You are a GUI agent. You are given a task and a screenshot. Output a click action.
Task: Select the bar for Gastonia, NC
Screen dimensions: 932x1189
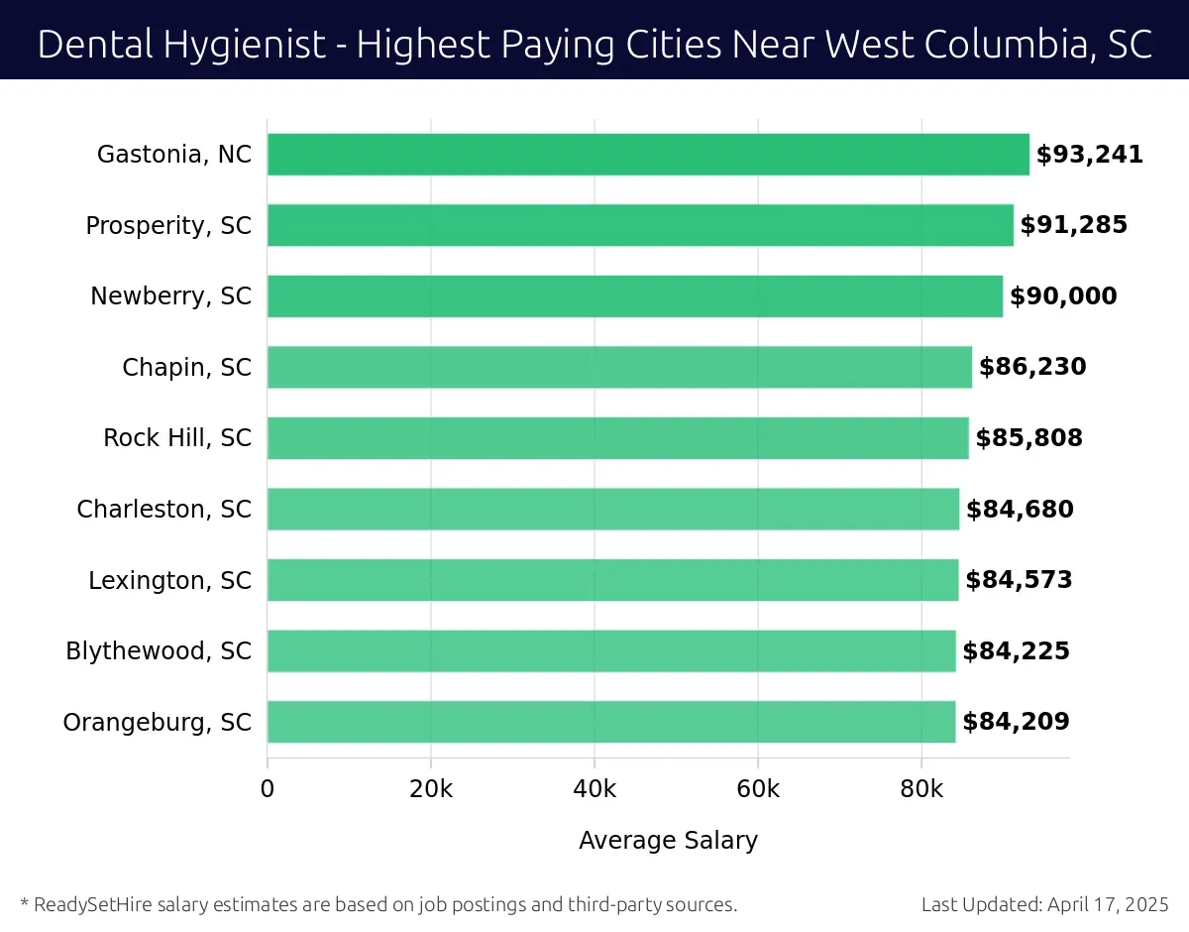click(x=648, y=155)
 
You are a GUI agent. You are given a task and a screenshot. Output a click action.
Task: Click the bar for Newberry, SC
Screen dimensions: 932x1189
click(x=635, y=296)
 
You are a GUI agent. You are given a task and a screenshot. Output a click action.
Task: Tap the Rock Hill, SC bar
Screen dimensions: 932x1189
click(x=618, y=438)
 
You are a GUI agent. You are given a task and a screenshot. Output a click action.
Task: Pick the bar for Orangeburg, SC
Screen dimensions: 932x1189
click(x=611, y=722)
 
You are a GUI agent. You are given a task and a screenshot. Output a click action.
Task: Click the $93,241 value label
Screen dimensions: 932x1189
click(x=1090, y=155)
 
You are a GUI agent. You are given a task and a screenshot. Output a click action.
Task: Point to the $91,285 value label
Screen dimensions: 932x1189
click(x=1074, y=226)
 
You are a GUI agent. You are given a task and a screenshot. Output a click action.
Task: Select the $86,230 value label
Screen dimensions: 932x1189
click(x=1032, y=368)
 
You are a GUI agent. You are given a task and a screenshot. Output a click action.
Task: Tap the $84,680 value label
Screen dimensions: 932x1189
click(x=1020, y=510)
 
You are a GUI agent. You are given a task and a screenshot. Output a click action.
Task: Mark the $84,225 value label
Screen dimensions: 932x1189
click(x=1016, y=651)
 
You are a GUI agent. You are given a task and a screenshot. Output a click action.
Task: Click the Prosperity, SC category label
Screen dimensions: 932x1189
click(x=168, y=226)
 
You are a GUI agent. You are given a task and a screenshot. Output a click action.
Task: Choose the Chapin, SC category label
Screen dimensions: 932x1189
click(x=186, y=368)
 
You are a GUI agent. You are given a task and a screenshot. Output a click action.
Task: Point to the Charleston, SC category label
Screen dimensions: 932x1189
click(x=163, y=510)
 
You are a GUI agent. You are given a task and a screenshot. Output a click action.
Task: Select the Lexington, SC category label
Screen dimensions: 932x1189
click(x=169, y=580)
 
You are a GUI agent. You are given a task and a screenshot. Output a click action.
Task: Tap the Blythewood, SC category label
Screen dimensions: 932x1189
click(x=159, y=651)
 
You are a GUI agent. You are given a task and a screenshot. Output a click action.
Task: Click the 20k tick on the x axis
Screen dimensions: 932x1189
click(x=431, y=789)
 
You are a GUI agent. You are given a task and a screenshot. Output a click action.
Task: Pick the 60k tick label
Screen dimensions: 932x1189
click(x=758, y=789)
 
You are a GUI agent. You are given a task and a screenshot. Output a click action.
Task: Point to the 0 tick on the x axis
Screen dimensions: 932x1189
click(x=268, y=789)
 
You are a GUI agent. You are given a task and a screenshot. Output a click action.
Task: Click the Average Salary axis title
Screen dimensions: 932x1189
click(x=668, y=841)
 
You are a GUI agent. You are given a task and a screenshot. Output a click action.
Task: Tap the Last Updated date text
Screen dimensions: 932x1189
click(x=1044, y=904)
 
